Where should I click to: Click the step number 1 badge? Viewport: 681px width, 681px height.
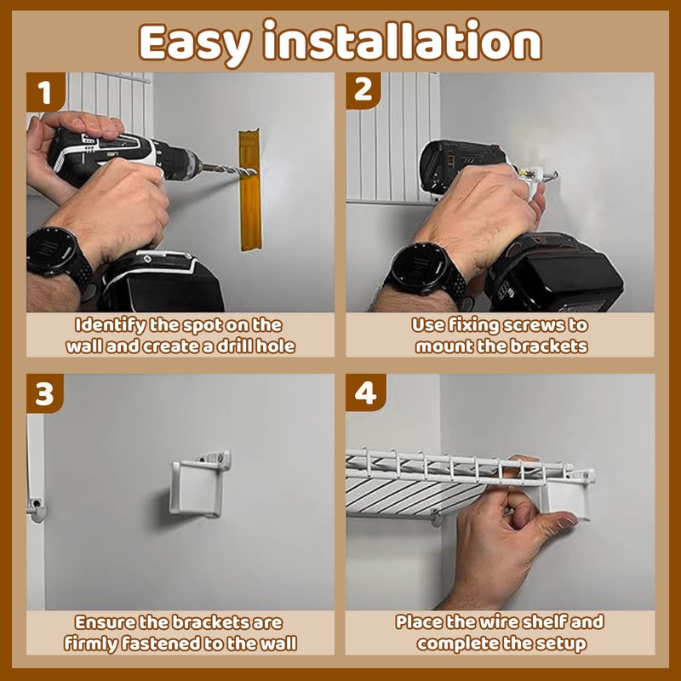click(46, 92)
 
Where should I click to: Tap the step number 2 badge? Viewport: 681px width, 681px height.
click(363, 90)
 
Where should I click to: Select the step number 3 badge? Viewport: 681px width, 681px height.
click(45, 393)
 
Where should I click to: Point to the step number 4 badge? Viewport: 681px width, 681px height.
click(366, 392)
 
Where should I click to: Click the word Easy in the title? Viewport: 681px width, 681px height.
click(195, 43)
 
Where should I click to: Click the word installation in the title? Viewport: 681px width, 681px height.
click(402, 40)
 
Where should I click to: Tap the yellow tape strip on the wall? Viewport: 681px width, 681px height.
click(250, 190)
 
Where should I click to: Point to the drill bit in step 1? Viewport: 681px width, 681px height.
click(229, 169)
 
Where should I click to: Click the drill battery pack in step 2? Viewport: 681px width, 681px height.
click(557, 272)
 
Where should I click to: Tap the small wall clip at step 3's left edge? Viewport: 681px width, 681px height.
click(37, 509)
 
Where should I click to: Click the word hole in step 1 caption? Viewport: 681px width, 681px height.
click(275, 346)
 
